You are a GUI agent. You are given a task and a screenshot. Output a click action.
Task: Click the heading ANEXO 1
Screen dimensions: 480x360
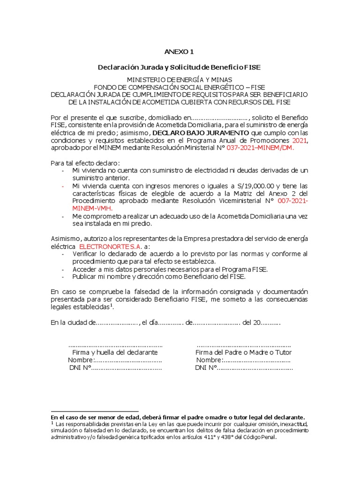[179, 52]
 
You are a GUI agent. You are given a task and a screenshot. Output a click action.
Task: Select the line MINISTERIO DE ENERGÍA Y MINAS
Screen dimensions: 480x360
[179, 80]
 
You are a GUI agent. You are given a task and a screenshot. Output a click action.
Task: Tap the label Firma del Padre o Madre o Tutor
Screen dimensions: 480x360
[243, 352]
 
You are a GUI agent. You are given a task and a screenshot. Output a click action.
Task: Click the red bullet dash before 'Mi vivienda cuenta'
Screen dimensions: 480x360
[63, 186]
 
